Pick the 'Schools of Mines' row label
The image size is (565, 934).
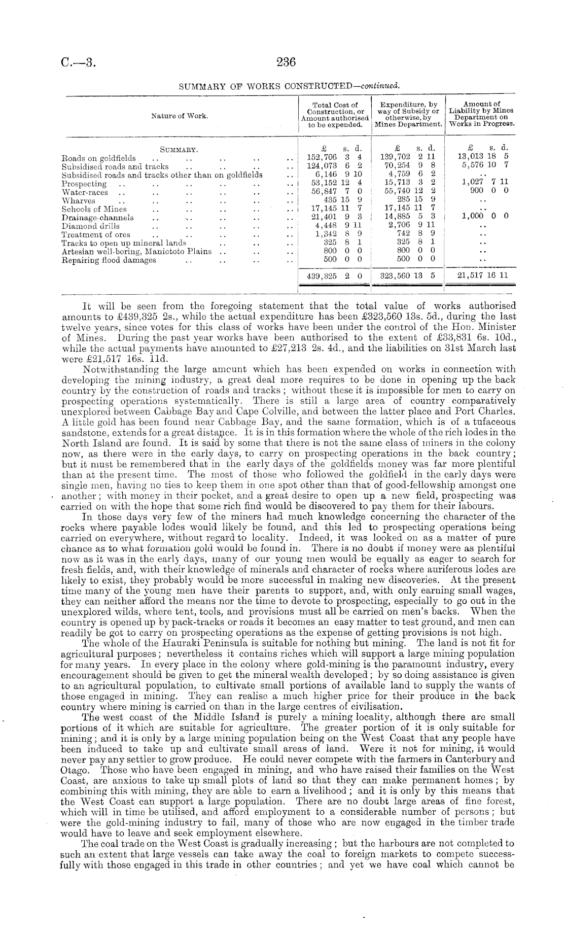click(94, 209)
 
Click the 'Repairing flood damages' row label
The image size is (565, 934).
click(109, 260)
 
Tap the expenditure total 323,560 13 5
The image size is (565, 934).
click(408, 276)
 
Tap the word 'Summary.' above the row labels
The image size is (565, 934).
click(179, 150)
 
